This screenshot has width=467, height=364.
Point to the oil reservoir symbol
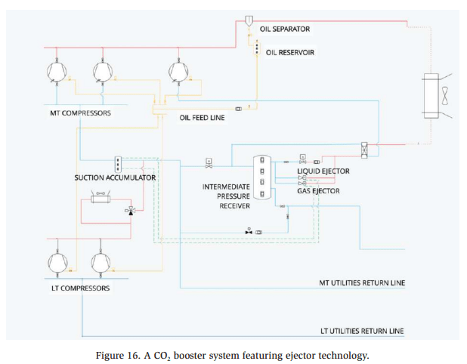point(256,49)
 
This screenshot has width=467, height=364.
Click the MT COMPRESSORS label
point(75,113)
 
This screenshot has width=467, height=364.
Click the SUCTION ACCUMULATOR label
point(115,177)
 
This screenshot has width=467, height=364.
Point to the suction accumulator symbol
point(119,164)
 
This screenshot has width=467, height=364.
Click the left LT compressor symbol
point(57,261)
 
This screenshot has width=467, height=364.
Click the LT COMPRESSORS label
point(75,288)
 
